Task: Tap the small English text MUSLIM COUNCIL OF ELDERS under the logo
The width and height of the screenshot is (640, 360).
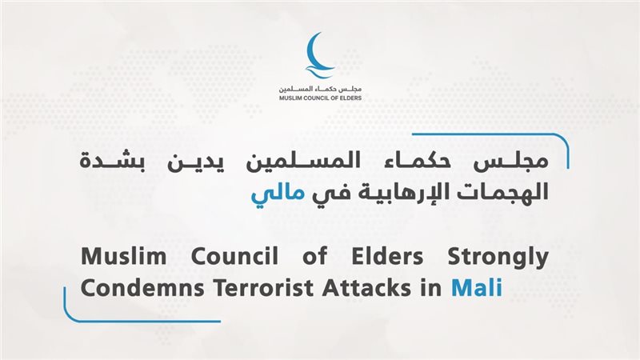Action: click(x=321, y=98)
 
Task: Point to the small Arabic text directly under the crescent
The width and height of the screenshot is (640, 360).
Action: click(x=321, y=89)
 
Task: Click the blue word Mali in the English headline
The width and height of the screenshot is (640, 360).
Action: click(x=477, y=288)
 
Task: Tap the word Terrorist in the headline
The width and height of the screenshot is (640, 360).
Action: click(x=267, y=288)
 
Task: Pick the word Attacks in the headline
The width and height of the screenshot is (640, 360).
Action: click(x=366, y=288)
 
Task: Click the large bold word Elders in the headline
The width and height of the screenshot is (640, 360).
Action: click(x=387, y=256)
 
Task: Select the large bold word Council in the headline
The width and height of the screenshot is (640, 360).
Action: click(x=234, y=256)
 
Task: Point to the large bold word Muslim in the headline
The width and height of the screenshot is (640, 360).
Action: click(x=124, y=256)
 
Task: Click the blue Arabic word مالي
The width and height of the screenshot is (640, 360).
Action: click(x=278, y=194)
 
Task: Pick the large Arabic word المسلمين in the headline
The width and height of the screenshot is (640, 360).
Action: click(x=303, y=161)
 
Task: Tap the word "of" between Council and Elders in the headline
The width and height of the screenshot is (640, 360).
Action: click(x=314, y=256)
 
